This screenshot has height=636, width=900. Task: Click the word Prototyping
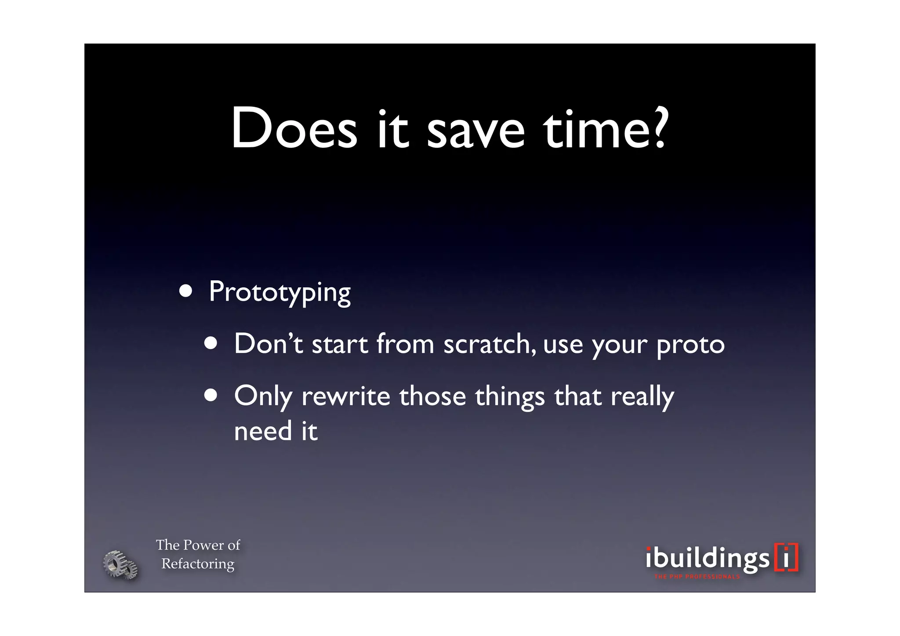click(x=279, y=292)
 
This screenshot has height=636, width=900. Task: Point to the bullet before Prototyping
click(x=185, y=292)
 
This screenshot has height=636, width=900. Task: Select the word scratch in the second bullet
click(x=489, y=344)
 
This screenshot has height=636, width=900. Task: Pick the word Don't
click(x=268, y=343)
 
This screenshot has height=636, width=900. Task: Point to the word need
click(x=263, y=431)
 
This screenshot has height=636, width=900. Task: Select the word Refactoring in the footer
click(x=198, y=564)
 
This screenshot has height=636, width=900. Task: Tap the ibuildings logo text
click(x=708, y=559)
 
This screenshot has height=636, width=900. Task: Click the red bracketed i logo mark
click(x=786, y=557)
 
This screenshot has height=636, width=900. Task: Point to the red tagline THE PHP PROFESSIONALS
click(x=697, y=577)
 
